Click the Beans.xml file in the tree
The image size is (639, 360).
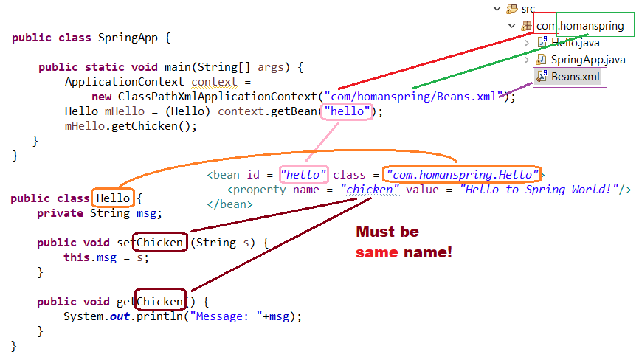pyautogui.click(x=575, y=77)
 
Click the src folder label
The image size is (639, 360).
pyautogui.click(x=528, y=9)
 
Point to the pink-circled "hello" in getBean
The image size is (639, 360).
pyautogui.click(x=345, y=112)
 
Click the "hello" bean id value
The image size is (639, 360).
pyautogui.click(x=303, y=175)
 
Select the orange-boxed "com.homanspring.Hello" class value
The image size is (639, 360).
pyautogui.click(x=463, y=175)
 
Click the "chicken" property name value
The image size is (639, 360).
pyautogui.click(x=370, y=190)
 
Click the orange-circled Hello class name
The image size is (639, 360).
pyautogui.click(x=113, y=198)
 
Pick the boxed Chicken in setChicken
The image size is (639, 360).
pyautogui.click(x=160, y=243)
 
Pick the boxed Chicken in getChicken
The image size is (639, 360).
pyautogui.click(x=160, y=302)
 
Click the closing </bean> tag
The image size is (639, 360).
pyautogui.click(x=229, y=204)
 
